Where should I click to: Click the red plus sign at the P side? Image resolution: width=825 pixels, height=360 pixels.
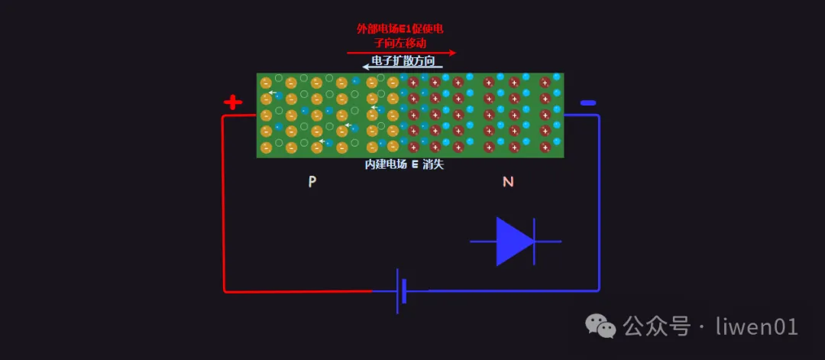(x=233, y=102)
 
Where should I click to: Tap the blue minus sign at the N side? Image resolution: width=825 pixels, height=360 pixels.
(x=587, y=102)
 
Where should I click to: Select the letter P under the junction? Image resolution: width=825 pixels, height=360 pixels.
(x=312, y=182)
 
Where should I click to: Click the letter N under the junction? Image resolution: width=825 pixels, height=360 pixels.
(x=508, y=182)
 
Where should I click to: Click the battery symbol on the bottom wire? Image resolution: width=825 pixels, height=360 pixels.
(x=400, y=290)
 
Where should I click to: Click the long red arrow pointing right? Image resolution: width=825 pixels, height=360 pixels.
(x=401, y=53)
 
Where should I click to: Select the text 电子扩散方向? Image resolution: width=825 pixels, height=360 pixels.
(x=403, y=60)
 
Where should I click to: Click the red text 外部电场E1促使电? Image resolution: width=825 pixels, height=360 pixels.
(x=400, y=29)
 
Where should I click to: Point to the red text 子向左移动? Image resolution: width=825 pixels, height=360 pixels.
(x=400, y=43)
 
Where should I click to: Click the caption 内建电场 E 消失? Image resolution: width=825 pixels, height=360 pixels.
(x=404, y=164)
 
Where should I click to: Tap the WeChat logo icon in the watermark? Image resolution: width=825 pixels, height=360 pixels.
(x=600, y=327)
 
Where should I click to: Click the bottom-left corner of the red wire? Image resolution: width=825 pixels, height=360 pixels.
(x=224, y=290)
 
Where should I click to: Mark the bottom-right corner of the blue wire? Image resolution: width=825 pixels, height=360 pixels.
(x=599, y=290)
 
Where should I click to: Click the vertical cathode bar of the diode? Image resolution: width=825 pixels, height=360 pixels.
(x=534, y=242)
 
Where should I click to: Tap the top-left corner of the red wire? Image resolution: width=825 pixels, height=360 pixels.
(x=224, y=117)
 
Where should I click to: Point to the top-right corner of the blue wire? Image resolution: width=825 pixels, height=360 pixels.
(x=598, y=116)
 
